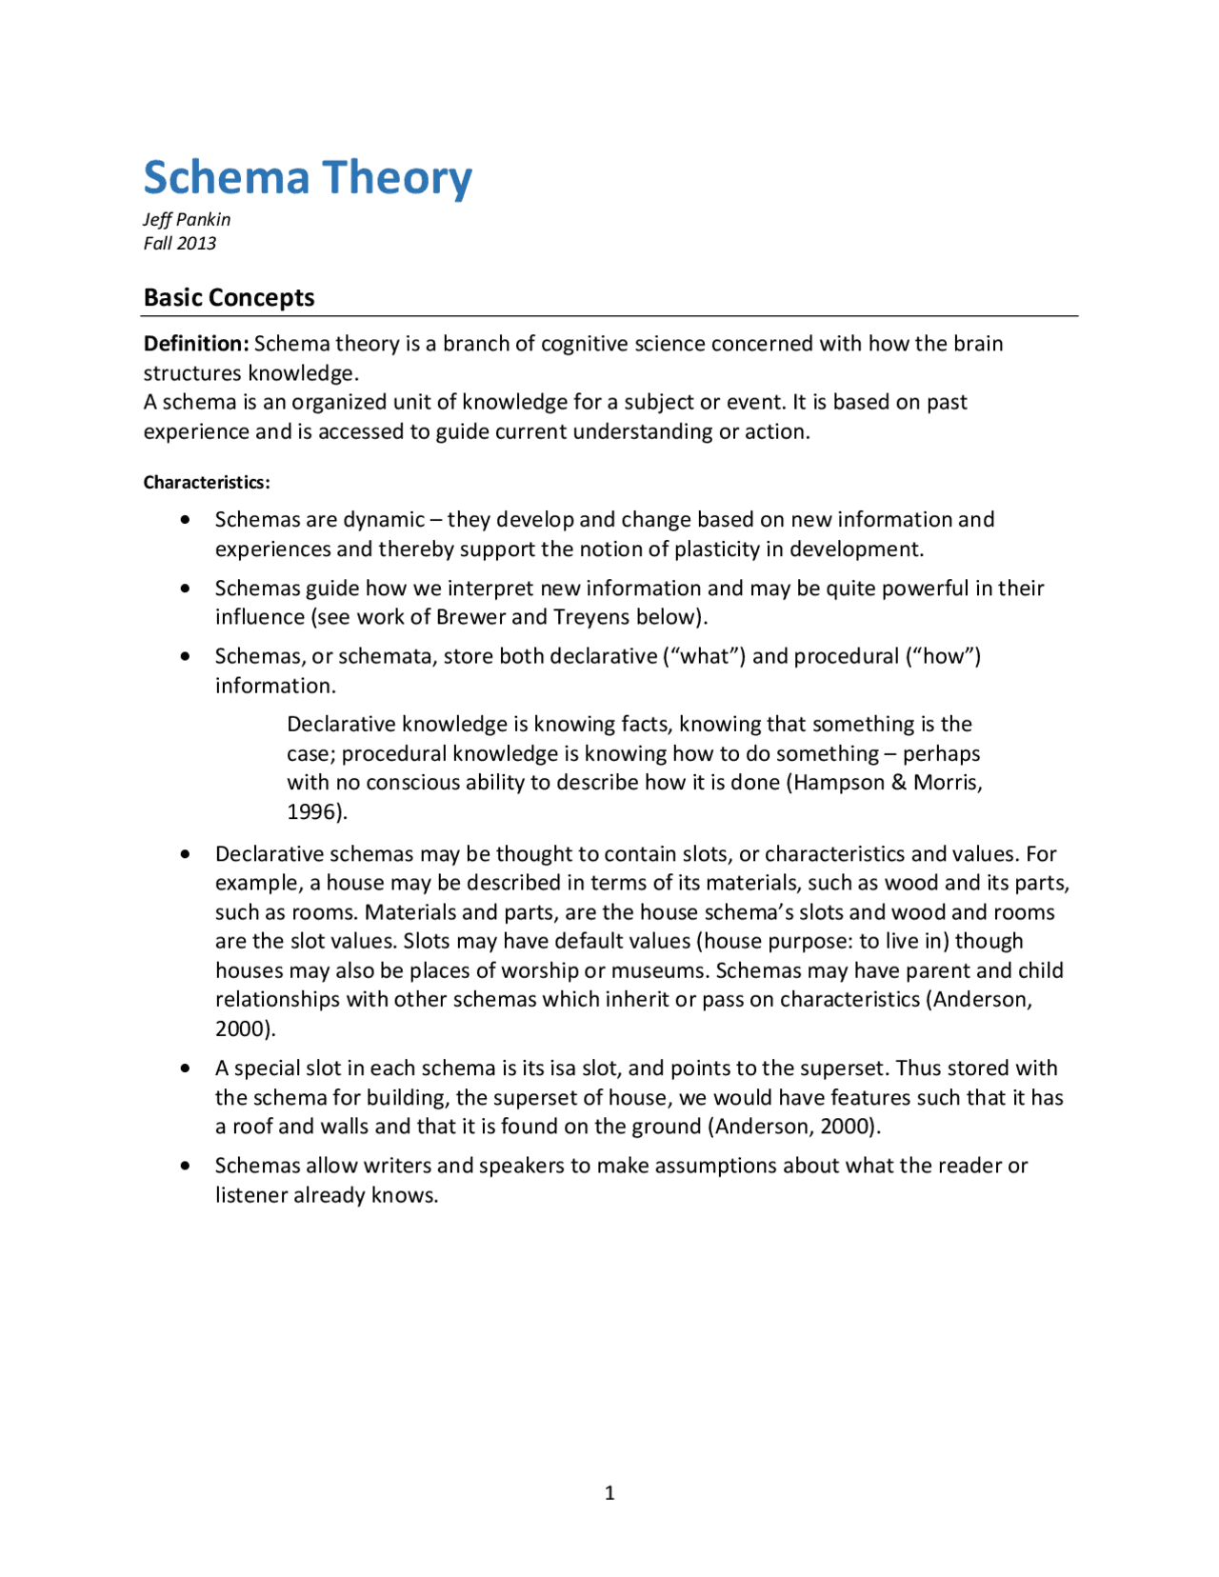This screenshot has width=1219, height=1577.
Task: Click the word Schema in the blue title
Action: [x=227, y=178]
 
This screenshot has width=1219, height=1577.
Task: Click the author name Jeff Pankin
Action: [x=187, y=219]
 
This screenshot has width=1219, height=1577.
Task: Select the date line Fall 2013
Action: [x=180, y=243]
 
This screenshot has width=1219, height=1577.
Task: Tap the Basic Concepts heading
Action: [x=229, y=297]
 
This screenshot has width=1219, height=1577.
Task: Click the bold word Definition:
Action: [x=195, y=343]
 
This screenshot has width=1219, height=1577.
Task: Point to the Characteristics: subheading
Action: [x=207, y=482]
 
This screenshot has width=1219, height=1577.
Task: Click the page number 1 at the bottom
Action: [x=609, y=1492]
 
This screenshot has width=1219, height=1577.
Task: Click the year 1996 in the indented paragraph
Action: [x=313, y=812]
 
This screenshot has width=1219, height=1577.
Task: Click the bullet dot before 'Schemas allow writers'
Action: [x=185, y=1166]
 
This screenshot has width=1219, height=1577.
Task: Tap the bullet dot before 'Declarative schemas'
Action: [x=185, y=854]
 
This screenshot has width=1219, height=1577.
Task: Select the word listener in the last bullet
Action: [x=251, y=1195]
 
